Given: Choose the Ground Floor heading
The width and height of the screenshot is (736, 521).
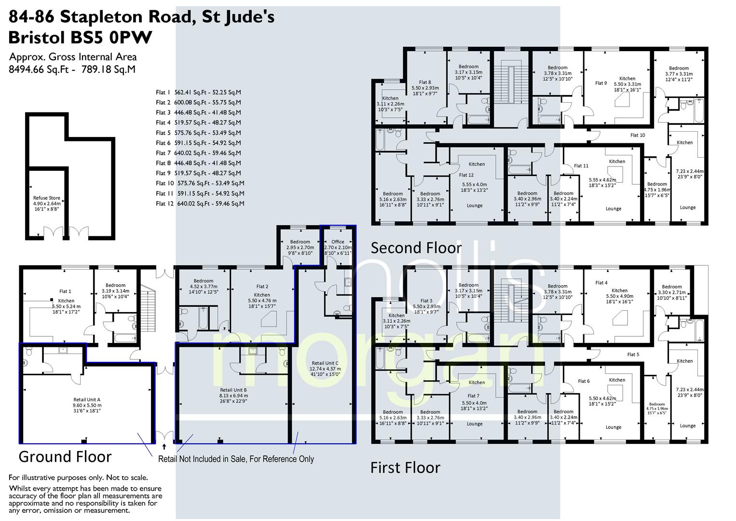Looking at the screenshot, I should click(x=65, y=456).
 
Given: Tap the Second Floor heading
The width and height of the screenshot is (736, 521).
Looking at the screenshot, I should click(x=416, y=248).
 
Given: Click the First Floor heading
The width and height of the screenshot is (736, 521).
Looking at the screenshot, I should click(x=405, y=467).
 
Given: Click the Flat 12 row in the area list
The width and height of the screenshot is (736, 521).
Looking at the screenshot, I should click(x=200, y=204).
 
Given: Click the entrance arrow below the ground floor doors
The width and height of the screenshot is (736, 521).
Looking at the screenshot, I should click(x=164, y=447).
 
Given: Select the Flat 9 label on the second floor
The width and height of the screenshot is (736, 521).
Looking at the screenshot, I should click(x=601, y=83).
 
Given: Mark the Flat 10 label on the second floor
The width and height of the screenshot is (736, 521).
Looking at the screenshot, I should click(x=638, y=135).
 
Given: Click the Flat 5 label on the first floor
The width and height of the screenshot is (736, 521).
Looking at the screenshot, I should click(x=633, y=355).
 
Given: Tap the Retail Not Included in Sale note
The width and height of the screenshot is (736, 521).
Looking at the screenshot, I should click(x=236, y=459).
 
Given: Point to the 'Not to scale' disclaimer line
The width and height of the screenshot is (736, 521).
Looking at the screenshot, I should click(x=78, y=478).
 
